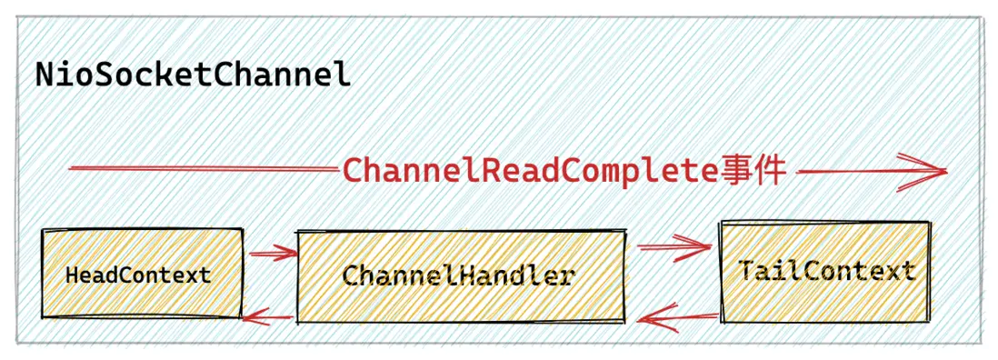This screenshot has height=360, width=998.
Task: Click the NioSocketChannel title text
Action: (x=193, y=75)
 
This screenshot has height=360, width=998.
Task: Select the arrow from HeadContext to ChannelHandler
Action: (x=270, y=255)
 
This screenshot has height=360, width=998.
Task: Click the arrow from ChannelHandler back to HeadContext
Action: (x=268, y=316)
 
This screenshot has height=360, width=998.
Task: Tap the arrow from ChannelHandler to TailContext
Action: (x=673, y=245)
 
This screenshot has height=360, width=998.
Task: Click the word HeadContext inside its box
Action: (x=138, y=275)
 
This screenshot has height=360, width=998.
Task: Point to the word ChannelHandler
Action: (x=458, y=275)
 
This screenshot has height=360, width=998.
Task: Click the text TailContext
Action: (x=826, y=271)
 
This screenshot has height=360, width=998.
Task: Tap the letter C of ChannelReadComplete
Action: (x=353, y=171)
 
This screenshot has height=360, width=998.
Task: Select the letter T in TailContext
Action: (x=748, y=271)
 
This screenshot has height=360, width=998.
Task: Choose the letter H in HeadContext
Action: (x=71, y=275)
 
